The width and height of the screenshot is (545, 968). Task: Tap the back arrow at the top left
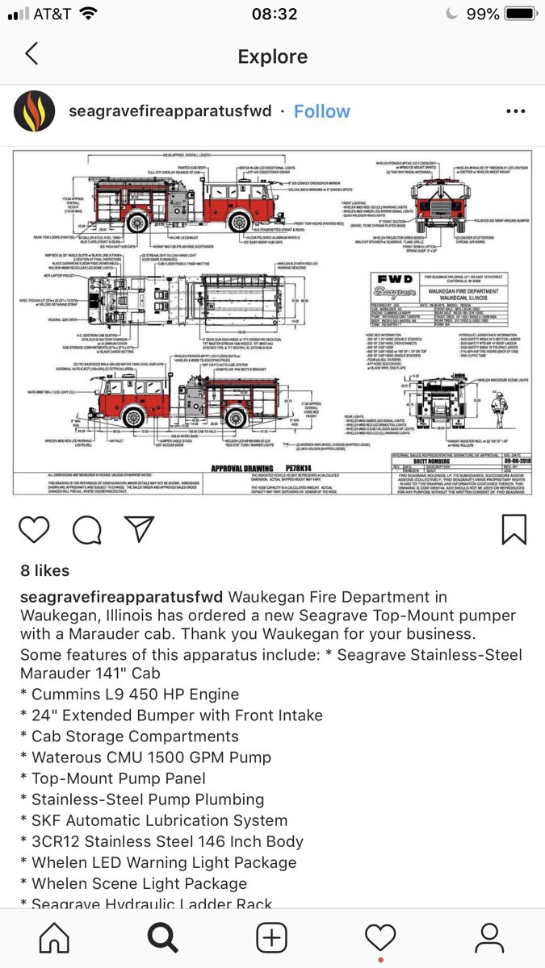click(x=31, y=55)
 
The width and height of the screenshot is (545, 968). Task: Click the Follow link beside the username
click(x=321, y=111)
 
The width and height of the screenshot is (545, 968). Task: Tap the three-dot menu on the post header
click(x=515, y=111)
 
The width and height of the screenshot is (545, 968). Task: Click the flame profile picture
click(x=35, y=111)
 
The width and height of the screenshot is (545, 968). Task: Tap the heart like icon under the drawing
click(x=34, y=528)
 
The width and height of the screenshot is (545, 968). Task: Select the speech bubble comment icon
click(x=86, y=528)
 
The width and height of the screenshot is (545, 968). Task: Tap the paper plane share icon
click(x=139, y=528)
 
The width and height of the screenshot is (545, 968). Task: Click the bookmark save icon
click(x=514, y=528)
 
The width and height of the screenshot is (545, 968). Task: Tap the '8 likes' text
click(x=44, y=570)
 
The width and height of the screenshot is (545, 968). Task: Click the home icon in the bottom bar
click(x=54, y=937)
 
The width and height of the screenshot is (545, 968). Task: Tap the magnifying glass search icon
click(x=162, y=937)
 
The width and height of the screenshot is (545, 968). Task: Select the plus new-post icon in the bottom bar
click(x=272, y=937)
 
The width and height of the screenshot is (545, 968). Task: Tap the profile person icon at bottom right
click(x=489, y=937)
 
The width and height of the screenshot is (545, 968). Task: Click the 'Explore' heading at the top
click(x=272, y=56)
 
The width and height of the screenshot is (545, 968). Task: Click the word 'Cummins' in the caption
click(x=67, y=695)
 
